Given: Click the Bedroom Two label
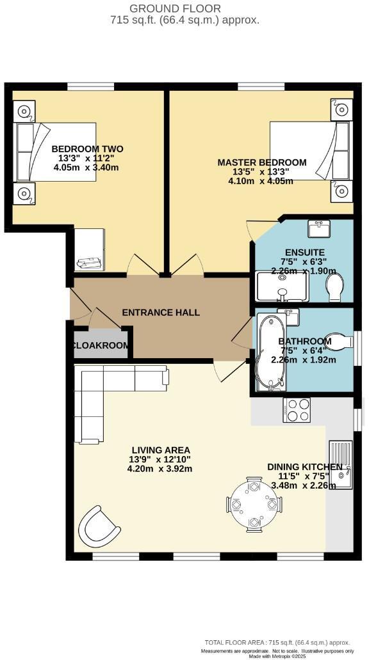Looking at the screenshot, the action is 87,149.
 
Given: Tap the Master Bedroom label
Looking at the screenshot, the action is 262,162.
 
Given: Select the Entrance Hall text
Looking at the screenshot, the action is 161,313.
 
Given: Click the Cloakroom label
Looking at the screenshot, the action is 101,345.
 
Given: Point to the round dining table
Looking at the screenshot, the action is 254,504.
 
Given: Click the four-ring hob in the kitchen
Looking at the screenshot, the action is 297,410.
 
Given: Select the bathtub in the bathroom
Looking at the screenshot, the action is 270,352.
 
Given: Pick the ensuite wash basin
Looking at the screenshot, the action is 319,228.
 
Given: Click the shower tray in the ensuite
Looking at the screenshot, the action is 283,287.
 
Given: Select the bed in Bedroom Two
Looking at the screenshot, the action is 55,152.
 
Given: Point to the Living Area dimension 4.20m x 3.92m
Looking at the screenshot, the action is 160,469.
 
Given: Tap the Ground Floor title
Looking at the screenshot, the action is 175,8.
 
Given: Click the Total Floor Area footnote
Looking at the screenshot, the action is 277,643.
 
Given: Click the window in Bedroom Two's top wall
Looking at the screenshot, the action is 91,87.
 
